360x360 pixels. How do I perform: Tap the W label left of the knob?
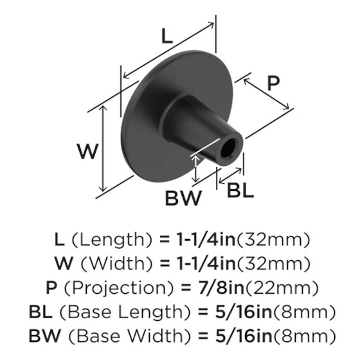click(x=88, y=151)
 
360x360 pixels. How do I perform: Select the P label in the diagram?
click(x=273, y=84)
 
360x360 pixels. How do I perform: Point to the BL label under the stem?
click(x=240, y=190)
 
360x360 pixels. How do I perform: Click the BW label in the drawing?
click(x=183, y=198)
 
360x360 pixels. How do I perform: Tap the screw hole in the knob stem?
click(x=228, y=148)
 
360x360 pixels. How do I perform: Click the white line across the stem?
click(x=205, y=147)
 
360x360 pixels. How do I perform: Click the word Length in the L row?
click(x=112, y=239)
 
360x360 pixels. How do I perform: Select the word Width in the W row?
click(x=117, y=264)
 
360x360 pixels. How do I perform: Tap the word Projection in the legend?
click(x=119, y=288)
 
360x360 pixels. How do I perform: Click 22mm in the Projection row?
click(x=282, y=288)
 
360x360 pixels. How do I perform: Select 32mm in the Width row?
click(x=273, y=264)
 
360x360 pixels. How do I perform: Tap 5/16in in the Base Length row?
click(x=244, y=312)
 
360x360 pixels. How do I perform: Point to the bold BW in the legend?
click(x=45, y=336)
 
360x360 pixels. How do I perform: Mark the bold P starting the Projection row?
click(x=51, y=288)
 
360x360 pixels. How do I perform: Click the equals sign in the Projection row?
click(x=186, y=288)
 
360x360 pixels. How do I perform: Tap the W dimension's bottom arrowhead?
click(x=103, y=189)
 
